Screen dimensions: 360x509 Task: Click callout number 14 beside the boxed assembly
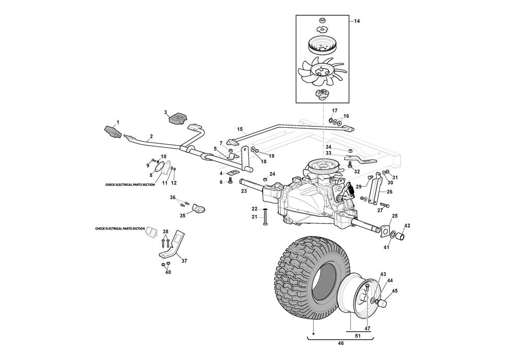tap(357, 21)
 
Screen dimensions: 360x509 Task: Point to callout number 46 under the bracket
tap(341, 344)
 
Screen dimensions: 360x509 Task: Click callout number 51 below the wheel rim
tap(358, 336)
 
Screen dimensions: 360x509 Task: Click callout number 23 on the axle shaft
tap(244, 191)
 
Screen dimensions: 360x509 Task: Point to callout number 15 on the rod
tap(240, 129)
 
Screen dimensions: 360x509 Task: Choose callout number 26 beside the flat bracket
tap(389, 192)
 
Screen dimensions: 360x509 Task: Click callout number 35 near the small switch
tap(182, 216)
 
